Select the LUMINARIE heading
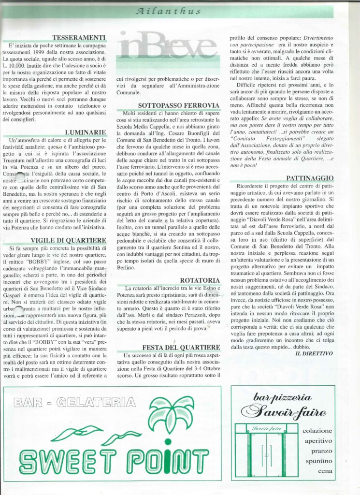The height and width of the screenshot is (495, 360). pos(86,131)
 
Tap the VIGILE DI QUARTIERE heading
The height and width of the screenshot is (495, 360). pos(69,240)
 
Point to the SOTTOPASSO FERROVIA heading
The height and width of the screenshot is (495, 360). pos(179,105)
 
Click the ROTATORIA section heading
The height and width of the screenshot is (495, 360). pos(200,280)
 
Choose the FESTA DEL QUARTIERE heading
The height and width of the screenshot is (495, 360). pos(182,347)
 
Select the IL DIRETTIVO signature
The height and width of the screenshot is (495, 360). pos(314,353)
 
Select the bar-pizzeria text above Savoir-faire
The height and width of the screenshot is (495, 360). pos(283,398)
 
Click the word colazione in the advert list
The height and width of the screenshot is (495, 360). pos(317,430)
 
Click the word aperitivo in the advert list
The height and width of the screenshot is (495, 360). pos(318,440)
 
